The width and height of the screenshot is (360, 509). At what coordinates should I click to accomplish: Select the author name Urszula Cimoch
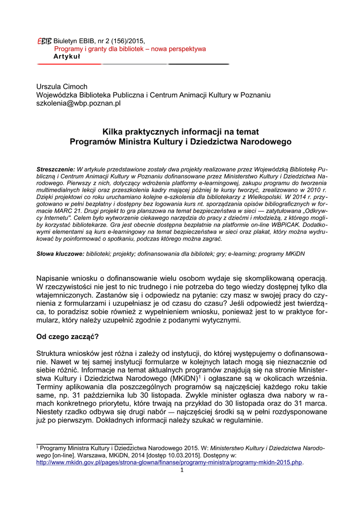(x=62, y=86)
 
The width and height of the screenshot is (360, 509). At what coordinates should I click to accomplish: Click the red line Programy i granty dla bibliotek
(x=130, y=49)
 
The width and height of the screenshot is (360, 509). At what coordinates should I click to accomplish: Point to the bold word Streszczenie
(x=56, y=170)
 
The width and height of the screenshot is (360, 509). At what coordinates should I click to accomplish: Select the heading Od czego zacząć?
(x=68, y=337)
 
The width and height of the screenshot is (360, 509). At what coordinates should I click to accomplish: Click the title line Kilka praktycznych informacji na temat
(x=180, y=132)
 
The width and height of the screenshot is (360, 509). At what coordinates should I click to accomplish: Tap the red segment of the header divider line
(x=70, y=65)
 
